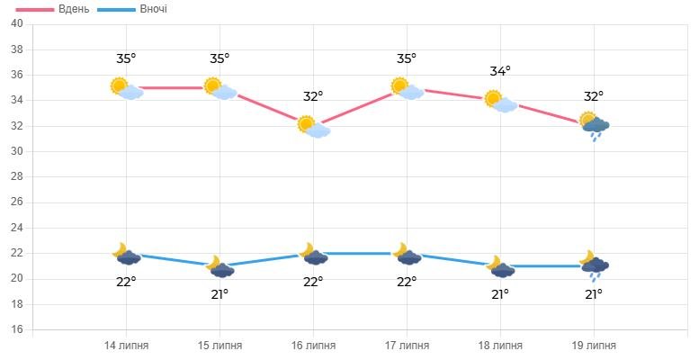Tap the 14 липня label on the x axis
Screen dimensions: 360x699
point(126,346)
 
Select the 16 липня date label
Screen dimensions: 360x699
point(313,346)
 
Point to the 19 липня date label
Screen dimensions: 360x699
point(594,346)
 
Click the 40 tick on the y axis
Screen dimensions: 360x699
point(16,23)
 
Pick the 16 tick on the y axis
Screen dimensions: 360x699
point(16,330)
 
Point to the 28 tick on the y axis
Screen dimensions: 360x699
point(16,177)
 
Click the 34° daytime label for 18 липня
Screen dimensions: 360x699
point(500,71)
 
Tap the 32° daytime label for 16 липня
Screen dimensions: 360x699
point(313,96)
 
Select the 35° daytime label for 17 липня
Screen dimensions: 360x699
point(407,58)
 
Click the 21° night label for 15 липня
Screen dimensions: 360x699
point(220,294)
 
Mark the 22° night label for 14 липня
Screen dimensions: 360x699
point(126,282)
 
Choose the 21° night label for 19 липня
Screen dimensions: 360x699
point(594,294)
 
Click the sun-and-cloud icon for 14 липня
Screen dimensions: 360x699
point(126,88)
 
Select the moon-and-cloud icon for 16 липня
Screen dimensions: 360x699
point(313,255)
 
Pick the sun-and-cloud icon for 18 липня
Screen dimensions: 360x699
point(500,101)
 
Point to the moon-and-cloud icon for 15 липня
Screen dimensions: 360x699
point(220,267)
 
